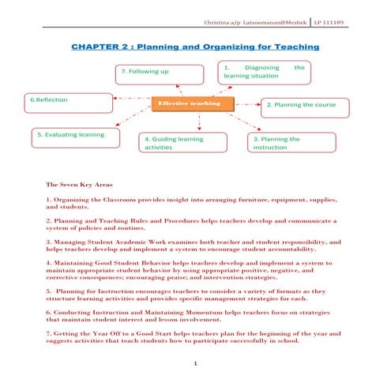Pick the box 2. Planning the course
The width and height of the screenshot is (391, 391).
tap(304, 105)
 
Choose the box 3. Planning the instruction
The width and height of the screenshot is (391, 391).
tap(285, 143)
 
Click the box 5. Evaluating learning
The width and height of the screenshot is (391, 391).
tap(72, 135)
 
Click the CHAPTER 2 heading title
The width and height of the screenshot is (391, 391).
tap(195, 47)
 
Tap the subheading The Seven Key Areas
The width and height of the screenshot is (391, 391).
tap(80, 183)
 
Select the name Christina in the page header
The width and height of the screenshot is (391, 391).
tap(219, 21)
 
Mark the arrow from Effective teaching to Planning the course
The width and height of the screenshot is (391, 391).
tap(247, 103)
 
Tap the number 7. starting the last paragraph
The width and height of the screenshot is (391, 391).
tap(49, 334)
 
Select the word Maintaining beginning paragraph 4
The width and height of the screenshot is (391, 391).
tap(78, 261)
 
